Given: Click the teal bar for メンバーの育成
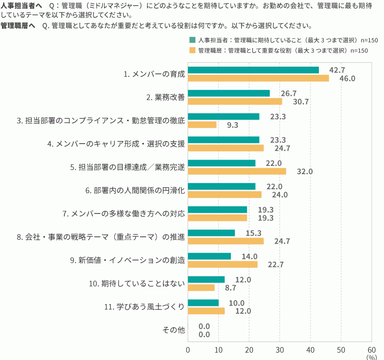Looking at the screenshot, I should point(253,70).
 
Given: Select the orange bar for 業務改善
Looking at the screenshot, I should point(235,101).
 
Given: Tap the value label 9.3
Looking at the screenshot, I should point(232,125).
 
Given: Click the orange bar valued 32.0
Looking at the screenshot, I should point(237,171).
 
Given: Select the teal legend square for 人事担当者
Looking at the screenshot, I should point(192,40).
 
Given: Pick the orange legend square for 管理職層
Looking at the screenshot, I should point(192,50).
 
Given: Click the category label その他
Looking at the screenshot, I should point(174,330).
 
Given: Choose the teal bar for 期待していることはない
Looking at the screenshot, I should point(206,279).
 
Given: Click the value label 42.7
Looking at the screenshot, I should point(337,70).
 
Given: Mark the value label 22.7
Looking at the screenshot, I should point(276,265).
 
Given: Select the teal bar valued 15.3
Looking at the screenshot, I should point(211,233).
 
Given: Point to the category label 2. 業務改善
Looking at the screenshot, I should point(166,97).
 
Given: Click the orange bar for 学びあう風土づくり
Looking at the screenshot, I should point(206,311).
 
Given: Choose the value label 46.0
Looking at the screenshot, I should point(348,78).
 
